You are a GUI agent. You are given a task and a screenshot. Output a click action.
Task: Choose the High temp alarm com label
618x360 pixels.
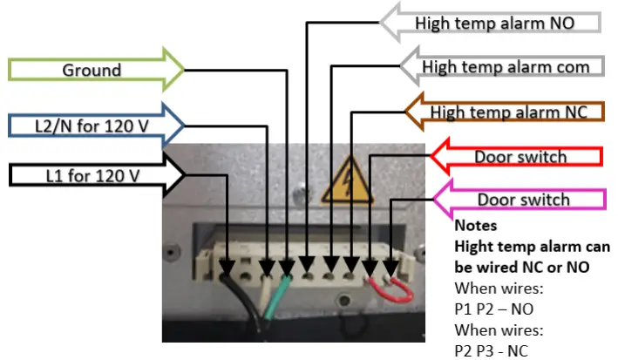tap(506, 66)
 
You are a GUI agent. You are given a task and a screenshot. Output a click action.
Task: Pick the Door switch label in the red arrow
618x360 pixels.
tap(520, 158)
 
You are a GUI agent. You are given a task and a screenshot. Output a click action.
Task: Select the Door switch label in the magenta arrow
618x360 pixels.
tap(523, 200)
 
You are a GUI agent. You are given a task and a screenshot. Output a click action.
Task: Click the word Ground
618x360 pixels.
tap(92, 70)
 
